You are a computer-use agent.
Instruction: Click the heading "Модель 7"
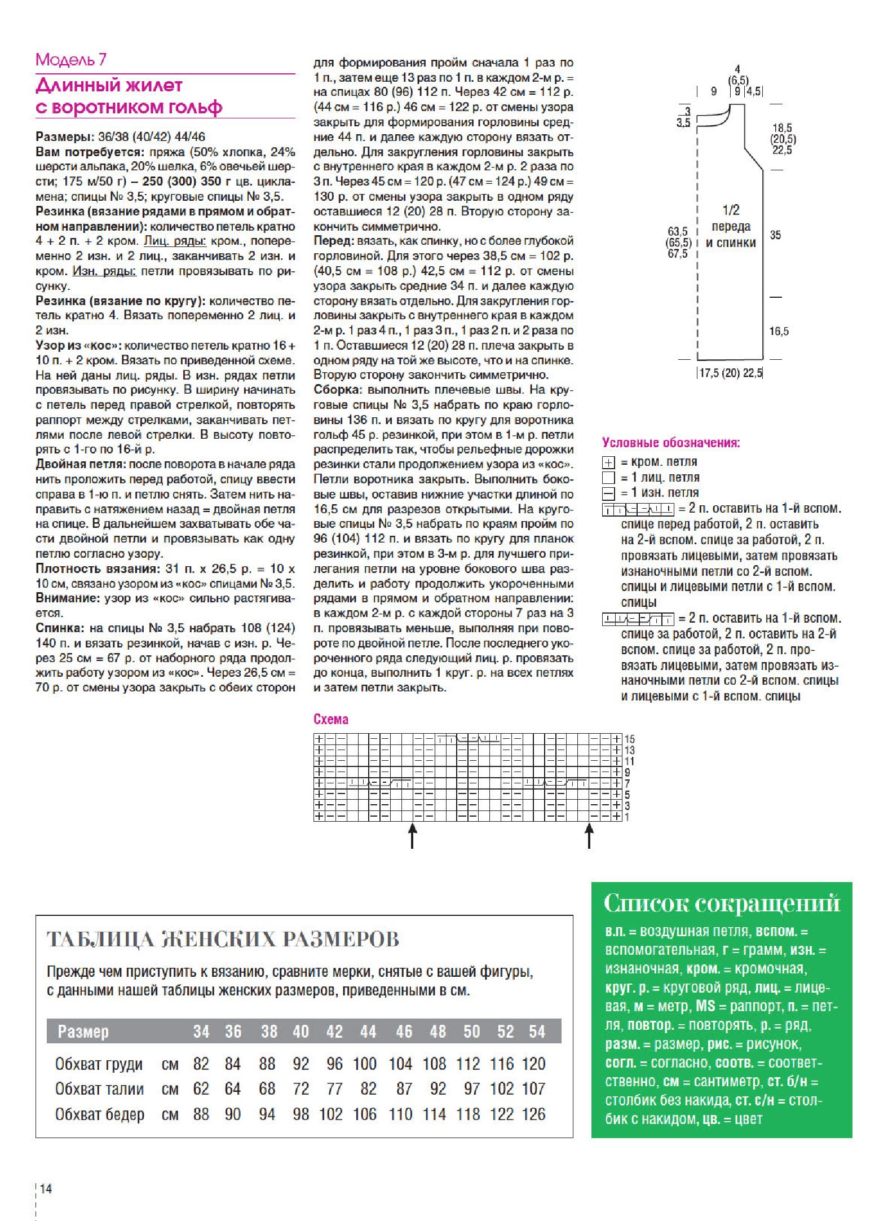70,60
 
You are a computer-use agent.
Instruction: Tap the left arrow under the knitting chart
413,836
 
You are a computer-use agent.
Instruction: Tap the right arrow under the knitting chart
589,836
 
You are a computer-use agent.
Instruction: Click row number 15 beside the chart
629,739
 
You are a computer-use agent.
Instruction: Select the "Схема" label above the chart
331,719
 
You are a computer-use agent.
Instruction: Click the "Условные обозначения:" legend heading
671,443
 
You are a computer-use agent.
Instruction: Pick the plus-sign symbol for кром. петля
608,462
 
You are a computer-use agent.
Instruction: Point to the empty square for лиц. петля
608,478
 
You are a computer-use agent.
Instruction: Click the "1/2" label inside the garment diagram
731,210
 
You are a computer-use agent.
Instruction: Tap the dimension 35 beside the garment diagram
775,235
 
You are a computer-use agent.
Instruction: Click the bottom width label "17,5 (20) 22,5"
731,373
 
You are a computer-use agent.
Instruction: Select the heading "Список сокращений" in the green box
722,903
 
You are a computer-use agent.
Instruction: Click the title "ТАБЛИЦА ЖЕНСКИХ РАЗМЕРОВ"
223,939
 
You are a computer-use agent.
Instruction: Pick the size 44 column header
368,1032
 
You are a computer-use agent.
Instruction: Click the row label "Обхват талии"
99,1089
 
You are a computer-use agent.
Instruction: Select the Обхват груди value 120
533,1064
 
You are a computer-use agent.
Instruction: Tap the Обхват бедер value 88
201,1114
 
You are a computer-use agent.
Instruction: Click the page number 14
46,1188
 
